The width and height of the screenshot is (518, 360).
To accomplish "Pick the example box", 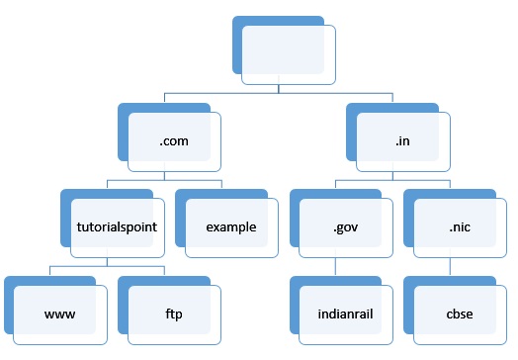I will point(231,227).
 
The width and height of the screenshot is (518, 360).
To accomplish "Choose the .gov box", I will point(346,227).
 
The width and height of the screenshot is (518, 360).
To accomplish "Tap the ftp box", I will point(174,315).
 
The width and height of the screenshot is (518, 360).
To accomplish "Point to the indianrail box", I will point(346,315).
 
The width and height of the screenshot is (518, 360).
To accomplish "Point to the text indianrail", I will point(346,315).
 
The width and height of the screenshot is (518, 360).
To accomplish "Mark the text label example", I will point(231,227).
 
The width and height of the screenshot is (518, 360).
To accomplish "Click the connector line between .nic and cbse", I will point(451,268).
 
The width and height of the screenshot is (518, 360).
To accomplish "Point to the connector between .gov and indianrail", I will point(336,268).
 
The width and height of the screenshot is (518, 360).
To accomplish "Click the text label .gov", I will point(346,227).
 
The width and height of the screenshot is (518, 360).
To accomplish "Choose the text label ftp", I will point(174,315).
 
